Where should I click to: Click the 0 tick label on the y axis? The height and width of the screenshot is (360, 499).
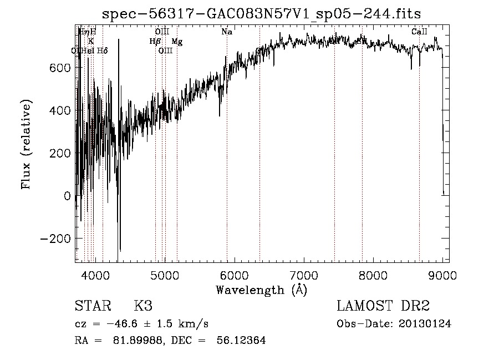[68, 196]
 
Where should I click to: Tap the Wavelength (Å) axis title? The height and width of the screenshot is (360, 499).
[261, 290]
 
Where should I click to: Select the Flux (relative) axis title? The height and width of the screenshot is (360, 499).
[26, 144]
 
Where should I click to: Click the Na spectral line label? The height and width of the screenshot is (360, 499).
[227, 32]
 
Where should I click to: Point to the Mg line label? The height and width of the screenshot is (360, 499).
[177, 42]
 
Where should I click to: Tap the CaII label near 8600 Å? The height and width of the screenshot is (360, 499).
[419, 32]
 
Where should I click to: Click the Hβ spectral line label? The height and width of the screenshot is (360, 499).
[155, 42]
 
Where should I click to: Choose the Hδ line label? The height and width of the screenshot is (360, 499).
[103, 51]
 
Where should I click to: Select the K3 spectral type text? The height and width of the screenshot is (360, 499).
[143, 306]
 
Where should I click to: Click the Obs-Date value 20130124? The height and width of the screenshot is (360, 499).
[425, 324]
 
